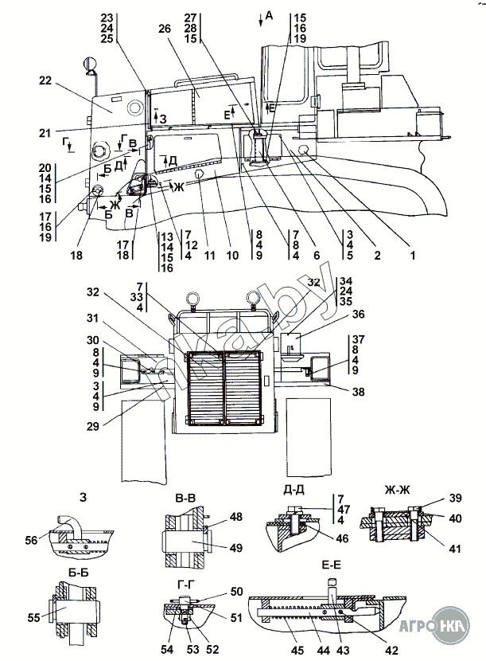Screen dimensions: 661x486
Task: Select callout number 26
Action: click(x=165, y=29)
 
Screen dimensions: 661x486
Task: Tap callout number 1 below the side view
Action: click(x=413, y=256)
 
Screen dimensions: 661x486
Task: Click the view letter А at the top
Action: click(x=269, y=15)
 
